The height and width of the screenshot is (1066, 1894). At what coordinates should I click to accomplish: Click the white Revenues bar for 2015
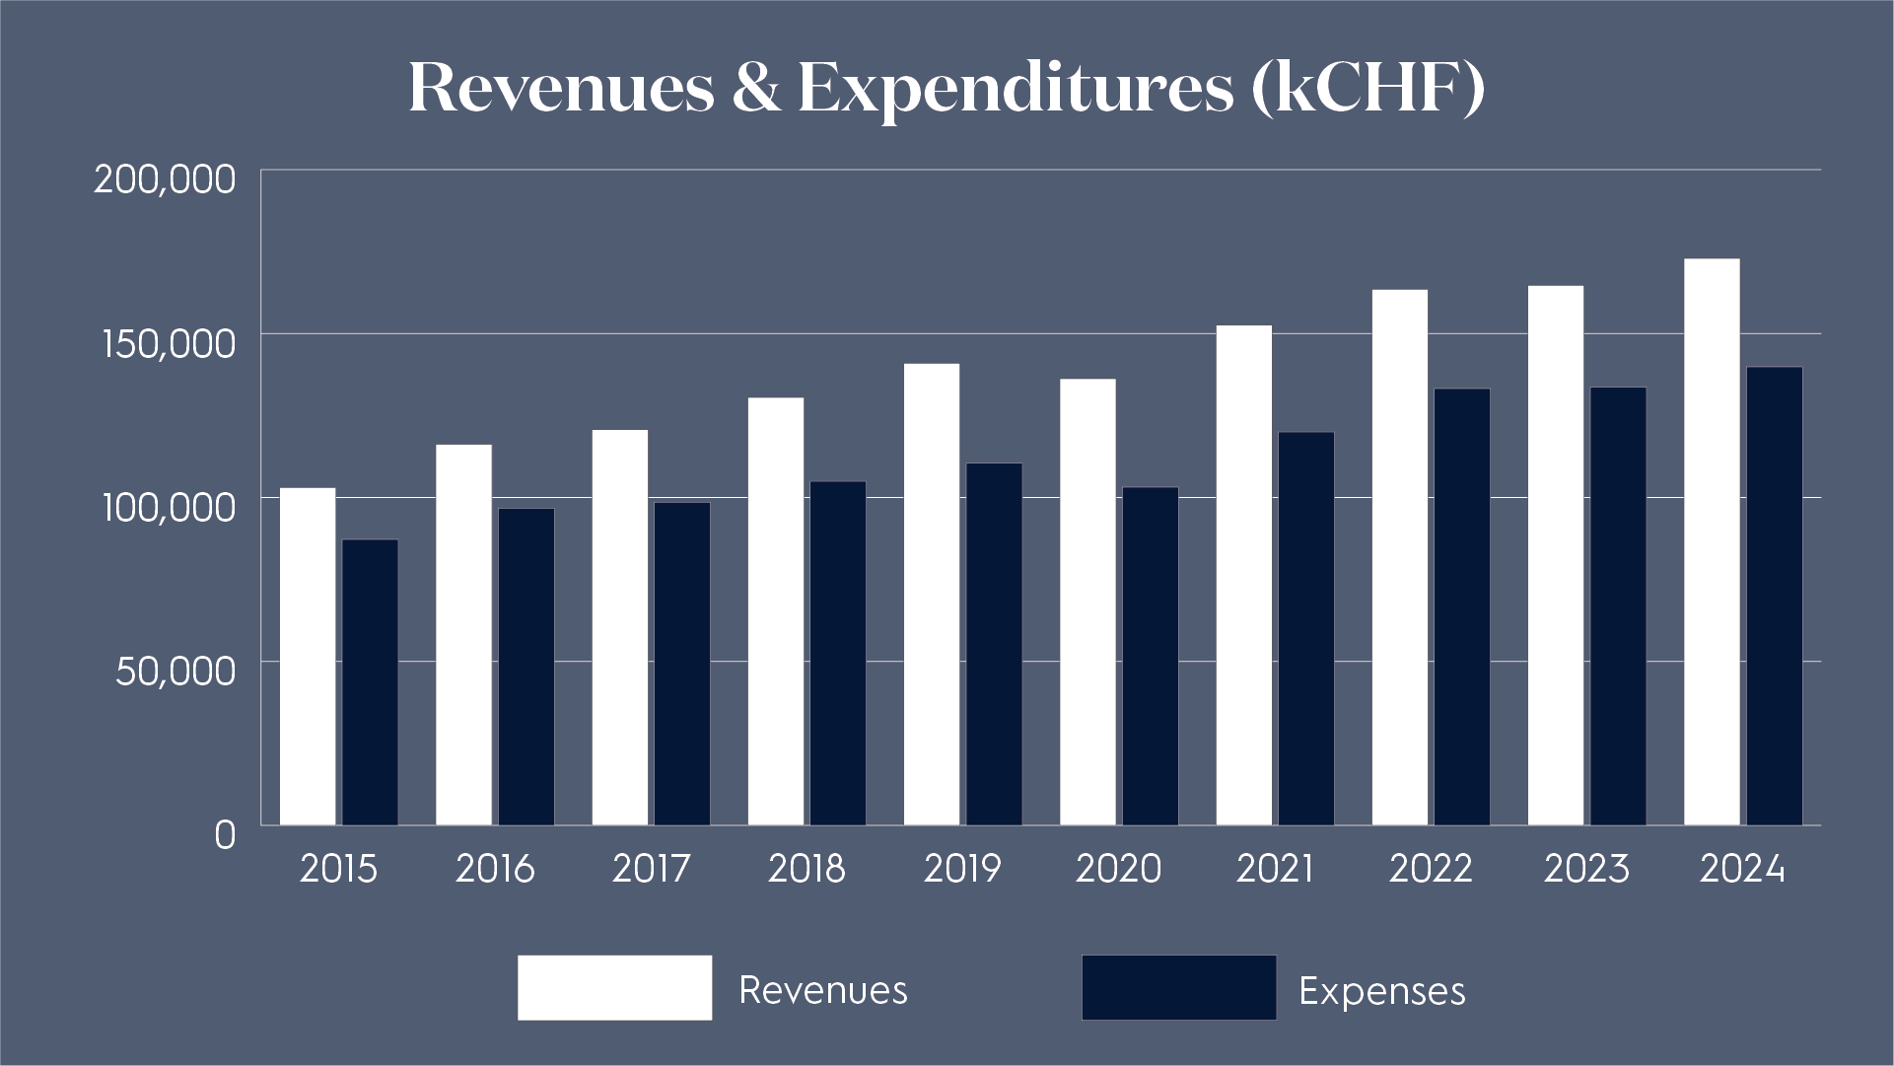(308, 656)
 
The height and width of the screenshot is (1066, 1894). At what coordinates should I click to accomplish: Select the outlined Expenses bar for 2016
(526, 667)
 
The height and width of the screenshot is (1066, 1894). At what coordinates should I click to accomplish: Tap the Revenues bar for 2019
(932, 594)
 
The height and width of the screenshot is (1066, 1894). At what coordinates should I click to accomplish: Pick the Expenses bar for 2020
(1150, 656)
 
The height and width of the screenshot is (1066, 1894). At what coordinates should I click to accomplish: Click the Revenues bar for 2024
(1712, 541)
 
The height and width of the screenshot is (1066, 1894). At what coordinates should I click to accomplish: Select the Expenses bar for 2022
(1461, 606)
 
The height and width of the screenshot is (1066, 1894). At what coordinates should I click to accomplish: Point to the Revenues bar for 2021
(1243, 575)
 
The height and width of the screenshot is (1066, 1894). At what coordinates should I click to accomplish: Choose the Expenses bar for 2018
(837, 653)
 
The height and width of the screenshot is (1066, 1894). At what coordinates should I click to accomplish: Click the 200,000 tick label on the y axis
(165, 179)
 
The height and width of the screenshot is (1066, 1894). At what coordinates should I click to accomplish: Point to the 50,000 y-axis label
(175, 671)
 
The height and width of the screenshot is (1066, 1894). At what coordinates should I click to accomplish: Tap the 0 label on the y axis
(225, 835)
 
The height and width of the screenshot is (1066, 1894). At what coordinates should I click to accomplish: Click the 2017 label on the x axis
(651, 869)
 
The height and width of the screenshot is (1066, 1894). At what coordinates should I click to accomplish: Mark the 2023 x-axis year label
(1586, 869)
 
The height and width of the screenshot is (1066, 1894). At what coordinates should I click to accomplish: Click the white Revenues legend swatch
(614, 987)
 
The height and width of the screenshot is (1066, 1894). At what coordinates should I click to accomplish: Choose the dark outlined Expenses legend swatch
(1178, 987)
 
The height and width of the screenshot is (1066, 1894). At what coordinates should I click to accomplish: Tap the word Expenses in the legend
(1381, 991)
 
